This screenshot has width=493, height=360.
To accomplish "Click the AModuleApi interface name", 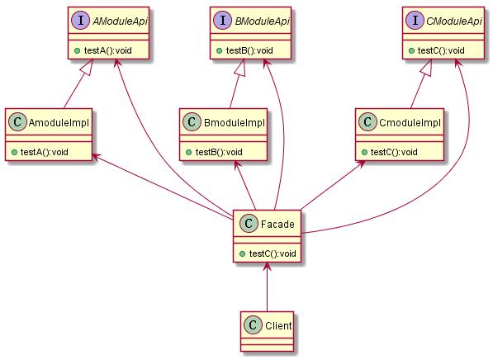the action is [120, 21].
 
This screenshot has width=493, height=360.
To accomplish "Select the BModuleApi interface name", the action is [262, 21].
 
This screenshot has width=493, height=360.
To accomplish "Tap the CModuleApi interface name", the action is [453, 21].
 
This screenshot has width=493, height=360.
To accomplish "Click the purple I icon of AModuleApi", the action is [81, 21].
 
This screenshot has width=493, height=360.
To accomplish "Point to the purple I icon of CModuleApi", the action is [415, 21].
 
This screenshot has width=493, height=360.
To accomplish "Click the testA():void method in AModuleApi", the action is [108, 50].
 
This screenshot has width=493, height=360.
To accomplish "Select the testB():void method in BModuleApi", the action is [249, 50].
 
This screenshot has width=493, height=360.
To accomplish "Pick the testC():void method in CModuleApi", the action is [441, 50].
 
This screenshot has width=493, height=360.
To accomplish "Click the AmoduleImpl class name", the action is [59, 123].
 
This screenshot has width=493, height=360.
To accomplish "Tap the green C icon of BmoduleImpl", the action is [192, 122].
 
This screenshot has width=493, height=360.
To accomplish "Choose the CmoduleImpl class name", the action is [410, 123].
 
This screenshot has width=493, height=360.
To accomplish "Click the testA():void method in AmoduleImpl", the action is [45, 152].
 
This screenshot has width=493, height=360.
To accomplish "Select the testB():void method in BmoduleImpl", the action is [219, 152].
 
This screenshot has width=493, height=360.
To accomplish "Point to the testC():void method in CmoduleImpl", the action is [394, 152].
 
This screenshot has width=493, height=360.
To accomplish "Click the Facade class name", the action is [277, 225].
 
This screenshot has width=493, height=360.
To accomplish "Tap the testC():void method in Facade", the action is [273, 253].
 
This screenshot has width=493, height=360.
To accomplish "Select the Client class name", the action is [278, 325].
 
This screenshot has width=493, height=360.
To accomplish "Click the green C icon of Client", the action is [253, 325].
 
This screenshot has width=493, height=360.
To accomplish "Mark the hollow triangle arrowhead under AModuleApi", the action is [88, 67].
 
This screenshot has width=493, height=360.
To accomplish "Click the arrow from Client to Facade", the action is [267, 287].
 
